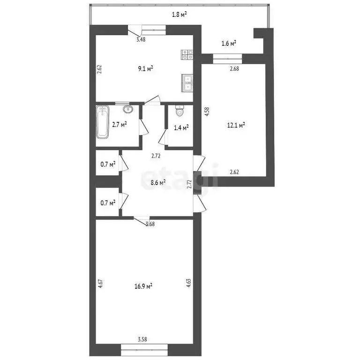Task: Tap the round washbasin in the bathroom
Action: tap(127, 110)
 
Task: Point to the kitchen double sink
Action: tap(187, 82)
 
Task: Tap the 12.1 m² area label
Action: tap(236, 125)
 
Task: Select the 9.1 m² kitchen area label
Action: tap(146, 68)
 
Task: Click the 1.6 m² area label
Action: tap(228, 43)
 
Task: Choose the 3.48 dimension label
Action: tap(141, 40)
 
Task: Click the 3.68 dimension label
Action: tap(150, 224)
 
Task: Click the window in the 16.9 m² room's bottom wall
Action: tap(144, 348)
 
